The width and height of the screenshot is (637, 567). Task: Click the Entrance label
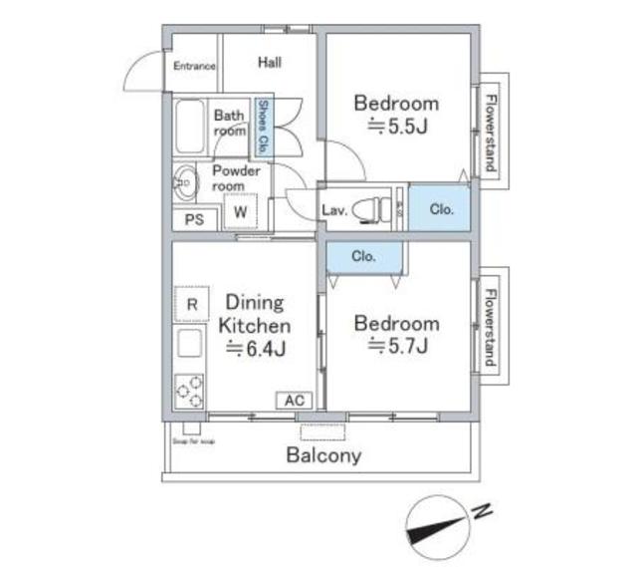point(194,67)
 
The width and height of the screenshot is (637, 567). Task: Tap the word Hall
point(270,62)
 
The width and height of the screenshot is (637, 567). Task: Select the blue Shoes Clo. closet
point(264,126)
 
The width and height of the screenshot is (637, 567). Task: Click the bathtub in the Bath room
point(189,126)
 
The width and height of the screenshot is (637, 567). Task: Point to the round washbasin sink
point(185,181)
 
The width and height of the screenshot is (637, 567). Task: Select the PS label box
point(194,220)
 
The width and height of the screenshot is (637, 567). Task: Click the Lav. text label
point(333,209)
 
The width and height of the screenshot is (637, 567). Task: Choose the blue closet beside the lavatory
point(441,209)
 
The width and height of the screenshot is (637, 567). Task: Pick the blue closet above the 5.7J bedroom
point(364,256)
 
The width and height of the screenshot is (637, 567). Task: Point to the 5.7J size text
point(398,347)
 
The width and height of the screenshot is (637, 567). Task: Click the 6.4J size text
point(256,349)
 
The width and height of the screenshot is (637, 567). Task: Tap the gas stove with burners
point(190,390)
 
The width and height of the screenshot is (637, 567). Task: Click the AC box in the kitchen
point(294,400)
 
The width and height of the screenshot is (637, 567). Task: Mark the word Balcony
point(324,456)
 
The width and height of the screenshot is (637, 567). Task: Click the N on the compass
point(482,512)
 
